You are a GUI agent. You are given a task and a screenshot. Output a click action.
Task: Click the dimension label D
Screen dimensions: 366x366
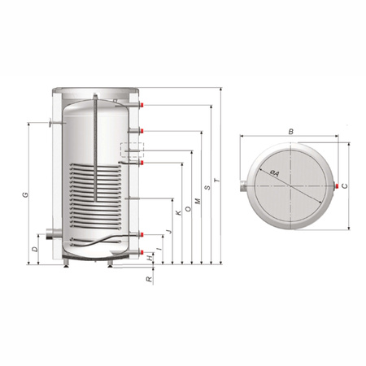click(34, 248)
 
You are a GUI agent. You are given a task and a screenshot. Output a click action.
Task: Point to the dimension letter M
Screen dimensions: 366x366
click(198, 199)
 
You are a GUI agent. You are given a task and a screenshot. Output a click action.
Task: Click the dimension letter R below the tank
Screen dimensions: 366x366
click(148, 278)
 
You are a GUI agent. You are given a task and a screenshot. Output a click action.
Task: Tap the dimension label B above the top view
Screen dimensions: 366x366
click(291, 130)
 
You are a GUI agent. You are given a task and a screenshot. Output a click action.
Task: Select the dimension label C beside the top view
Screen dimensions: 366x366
click(346, 186)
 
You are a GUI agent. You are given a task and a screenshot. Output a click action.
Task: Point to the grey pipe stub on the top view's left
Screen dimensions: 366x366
click(243, 186)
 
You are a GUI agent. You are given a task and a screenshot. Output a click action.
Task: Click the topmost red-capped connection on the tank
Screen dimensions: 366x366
click(144, 106)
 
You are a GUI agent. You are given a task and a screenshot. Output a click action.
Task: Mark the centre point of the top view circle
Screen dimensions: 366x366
click(290, 186)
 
